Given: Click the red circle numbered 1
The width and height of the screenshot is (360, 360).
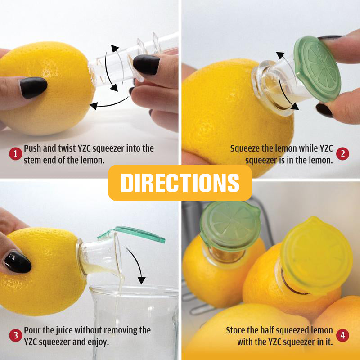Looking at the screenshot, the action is click(x=16, y=154).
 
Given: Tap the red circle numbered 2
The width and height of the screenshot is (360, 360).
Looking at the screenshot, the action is click(x=342, y=154).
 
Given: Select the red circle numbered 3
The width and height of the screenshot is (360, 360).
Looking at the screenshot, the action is click(x=16, y=335).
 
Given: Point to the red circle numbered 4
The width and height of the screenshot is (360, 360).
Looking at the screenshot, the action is click(x=342, y=335).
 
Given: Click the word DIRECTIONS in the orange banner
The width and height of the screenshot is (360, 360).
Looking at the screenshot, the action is click(x=180, y=183).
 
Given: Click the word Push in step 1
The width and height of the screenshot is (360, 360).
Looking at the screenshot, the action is click(x=32, y=148).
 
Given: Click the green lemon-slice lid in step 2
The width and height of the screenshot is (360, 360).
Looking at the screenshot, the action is click(x=318, y=68).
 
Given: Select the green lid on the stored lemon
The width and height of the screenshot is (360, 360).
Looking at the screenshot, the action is click(x=230, y=226).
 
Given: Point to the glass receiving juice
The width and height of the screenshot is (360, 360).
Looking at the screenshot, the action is click(x=134, y=321).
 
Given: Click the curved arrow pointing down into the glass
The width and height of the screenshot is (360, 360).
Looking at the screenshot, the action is click(x=136, y=264).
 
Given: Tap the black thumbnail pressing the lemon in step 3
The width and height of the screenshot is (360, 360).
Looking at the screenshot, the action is click(x=18, y=262).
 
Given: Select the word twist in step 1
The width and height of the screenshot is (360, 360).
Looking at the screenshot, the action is click(x=67, y=148).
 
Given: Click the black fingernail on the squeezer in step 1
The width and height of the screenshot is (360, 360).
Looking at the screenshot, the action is click(x=146, y=64).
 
